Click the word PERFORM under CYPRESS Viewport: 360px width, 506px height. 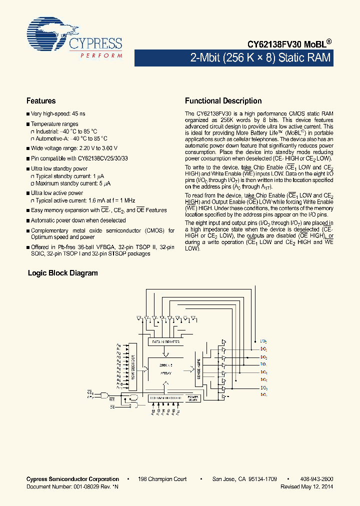(101, 55)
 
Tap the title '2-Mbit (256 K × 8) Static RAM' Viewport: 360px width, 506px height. (260, 58)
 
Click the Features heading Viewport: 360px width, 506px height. (41, 101)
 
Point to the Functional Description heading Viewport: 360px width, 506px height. (223, 101)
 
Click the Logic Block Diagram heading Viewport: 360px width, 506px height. (62, 273)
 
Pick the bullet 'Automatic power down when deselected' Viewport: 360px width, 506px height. (78, 220)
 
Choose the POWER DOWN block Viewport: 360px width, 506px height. (193, 398)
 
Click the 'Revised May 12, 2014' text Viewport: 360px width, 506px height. (306, 486)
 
